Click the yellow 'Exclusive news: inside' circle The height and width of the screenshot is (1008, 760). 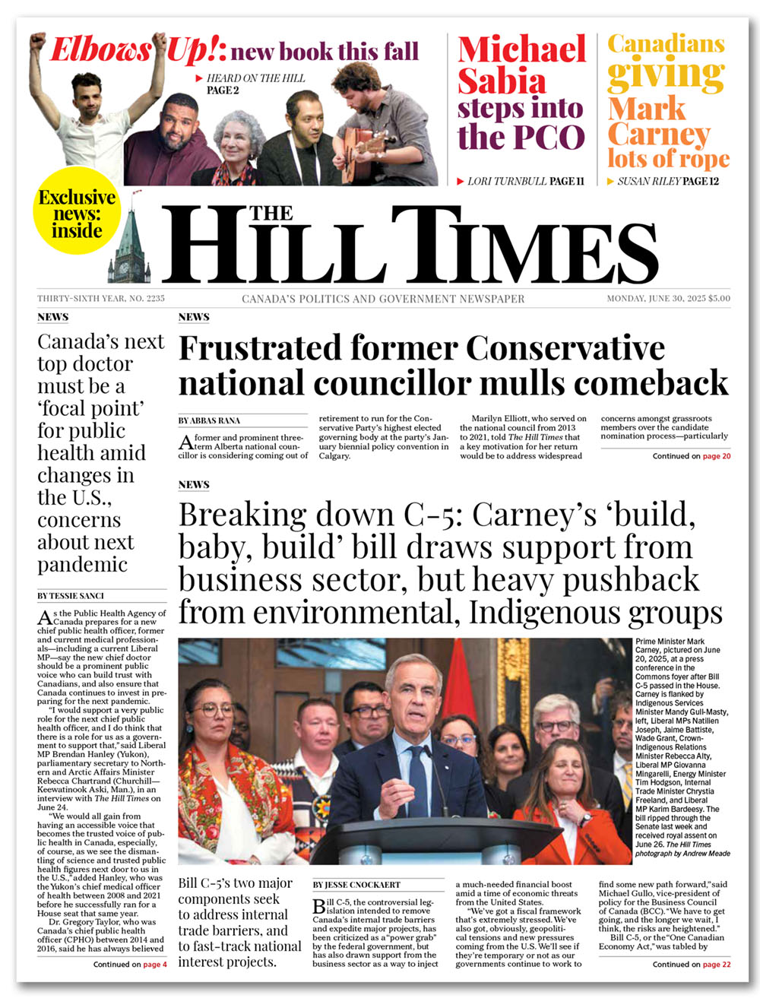[x=77, y=214]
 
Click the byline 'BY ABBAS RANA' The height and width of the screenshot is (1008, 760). [x=209, y=420]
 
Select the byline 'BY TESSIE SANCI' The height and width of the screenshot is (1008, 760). [x=71, y=596]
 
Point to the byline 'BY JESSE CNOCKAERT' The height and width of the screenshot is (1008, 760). [x=356, y=885]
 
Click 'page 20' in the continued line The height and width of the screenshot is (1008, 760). [x=716, y=456]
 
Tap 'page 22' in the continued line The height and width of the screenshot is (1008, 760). [x=716, y=964]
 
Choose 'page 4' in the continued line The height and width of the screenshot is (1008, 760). [x=154, y=964]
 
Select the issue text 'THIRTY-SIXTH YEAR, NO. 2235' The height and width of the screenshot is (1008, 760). [x=101, y=299]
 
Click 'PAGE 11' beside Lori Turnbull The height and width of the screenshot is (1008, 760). [x=567, y=181]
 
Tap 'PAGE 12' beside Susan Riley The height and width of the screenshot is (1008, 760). [x=700, y=181]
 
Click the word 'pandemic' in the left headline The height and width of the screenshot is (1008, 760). [x=82, y=565]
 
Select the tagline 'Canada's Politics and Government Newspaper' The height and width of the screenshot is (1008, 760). [x=383, y=299]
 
